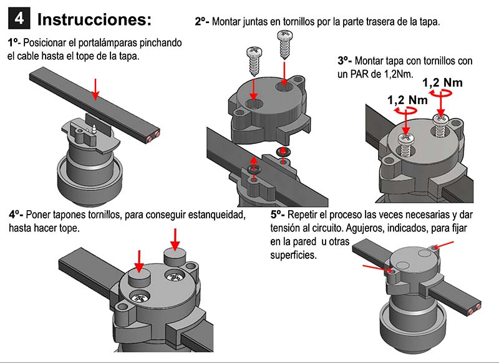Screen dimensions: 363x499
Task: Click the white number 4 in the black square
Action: point(19,19)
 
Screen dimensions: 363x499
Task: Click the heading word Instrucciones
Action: point(94,19)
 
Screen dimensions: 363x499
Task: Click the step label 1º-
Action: point(14,43)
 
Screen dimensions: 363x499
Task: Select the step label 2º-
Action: point(202,22)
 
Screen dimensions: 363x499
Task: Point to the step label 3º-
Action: point(345,61)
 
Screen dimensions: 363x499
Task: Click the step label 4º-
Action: point(16,215)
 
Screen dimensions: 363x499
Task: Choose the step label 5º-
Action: point(278,215)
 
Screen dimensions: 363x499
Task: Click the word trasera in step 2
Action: point(380,22)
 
